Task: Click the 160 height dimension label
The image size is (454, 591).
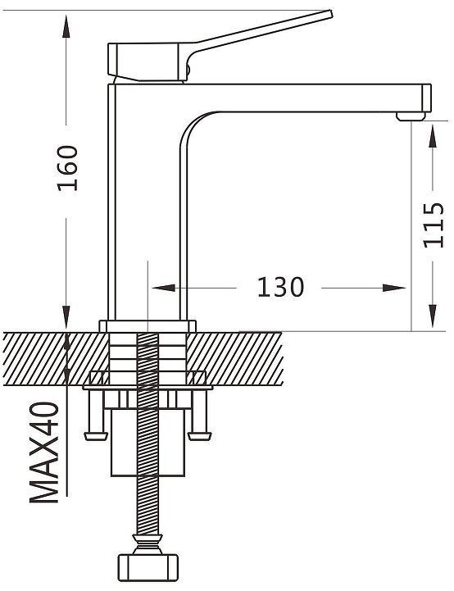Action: click(x=67, y=168)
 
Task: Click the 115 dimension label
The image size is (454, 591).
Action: click(x=434, y=225)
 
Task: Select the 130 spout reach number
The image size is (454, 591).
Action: click(x=280, y=288)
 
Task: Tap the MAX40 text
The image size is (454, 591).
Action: click(x=44, y=452)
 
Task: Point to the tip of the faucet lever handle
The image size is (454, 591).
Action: click(x=331, y=14)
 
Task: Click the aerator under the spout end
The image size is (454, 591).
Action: click(x=411, y=116)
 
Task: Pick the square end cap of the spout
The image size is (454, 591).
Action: click(x=426, y=98)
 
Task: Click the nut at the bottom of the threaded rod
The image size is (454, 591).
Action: click(x=148, y=567)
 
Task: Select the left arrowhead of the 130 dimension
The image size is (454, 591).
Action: click(x=164, y=288)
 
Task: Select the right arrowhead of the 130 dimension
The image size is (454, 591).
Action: click(x=394, y=288)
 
